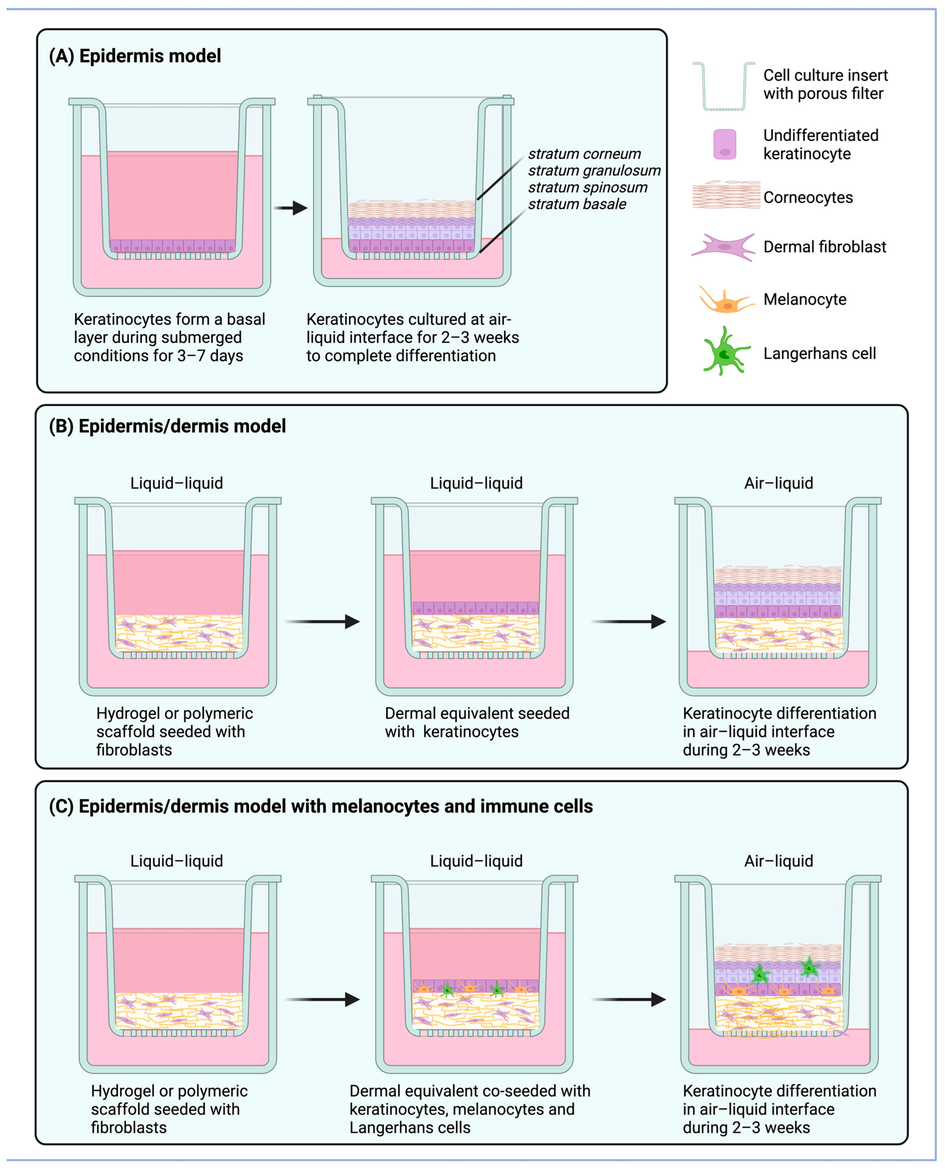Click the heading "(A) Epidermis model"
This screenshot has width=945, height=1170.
click(x=135, y=56)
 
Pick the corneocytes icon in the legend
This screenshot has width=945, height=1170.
click(x=726, y=195)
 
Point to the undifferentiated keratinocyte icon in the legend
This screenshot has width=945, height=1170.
click(x=725, y=144)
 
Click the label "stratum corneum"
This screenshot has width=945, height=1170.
click(x=584, y=154)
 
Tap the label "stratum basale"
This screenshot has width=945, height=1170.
click(x=577, y=204)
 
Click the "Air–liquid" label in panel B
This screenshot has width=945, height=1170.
click(x=779, y=483)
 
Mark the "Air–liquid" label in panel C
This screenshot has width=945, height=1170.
click(x=779, y=861)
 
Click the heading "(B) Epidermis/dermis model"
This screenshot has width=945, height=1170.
click(x=167, y=426)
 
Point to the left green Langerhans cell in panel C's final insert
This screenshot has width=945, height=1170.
click(x=760, y=974)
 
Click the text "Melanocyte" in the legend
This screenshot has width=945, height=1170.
click(x=805, y=299)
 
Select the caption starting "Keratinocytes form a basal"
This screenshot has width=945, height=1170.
click(x=169, y=337)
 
